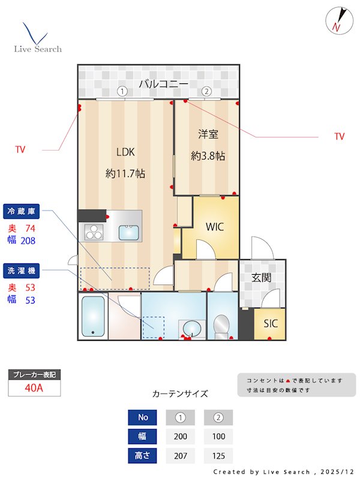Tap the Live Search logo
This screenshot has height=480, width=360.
37,38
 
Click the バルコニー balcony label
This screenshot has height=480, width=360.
163,84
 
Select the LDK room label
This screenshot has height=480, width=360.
125,152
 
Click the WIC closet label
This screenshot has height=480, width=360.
215,227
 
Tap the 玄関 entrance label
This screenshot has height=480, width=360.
262,278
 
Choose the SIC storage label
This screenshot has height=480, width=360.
271,323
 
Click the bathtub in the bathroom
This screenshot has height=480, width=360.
93,317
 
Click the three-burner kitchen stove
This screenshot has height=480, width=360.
94,232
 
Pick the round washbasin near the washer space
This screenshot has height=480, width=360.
193,328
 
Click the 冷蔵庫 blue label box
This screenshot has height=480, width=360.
22,211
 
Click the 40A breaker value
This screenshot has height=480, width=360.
34,388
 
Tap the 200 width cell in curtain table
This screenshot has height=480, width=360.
180,437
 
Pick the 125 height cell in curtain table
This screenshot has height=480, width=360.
218,456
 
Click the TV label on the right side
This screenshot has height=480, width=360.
340,137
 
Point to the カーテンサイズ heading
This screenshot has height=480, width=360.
180,394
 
